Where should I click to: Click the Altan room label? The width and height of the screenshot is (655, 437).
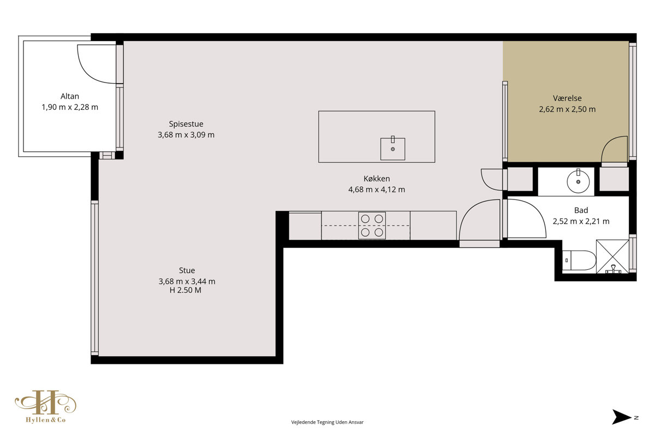(70, 96)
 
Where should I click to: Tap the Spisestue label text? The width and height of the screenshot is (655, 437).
(186, 124)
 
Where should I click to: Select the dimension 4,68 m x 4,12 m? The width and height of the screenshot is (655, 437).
(377, 190)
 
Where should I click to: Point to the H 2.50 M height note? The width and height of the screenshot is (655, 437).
(186, 291)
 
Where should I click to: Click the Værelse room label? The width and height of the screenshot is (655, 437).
(567, 98)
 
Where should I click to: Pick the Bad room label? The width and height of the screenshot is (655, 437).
(581, 210)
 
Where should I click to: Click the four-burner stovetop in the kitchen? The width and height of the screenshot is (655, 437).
(372, 226)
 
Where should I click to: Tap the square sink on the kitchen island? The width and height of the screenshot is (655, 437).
(392, 149)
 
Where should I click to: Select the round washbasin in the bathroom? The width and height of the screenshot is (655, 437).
(578, 181)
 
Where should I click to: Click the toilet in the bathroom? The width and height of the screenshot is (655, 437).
(579, 260)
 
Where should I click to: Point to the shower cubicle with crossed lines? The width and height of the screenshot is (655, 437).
(612, 257)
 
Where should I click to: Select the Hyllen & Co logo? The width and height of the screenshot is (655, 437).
(46, 406)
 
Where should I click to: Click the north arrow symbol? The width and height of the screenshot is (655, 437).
(621, 417)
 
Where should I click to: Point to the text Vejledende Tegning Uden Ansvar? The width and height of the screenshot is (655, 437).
(327, 422)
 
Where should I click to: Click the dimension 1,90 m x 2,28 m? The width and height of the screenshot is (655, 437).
(70, 107)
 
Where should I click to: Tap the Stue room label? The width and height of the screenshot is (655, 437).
(187, 270)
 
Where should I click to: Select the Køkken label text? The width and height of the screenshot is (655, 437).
(377, 179)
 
